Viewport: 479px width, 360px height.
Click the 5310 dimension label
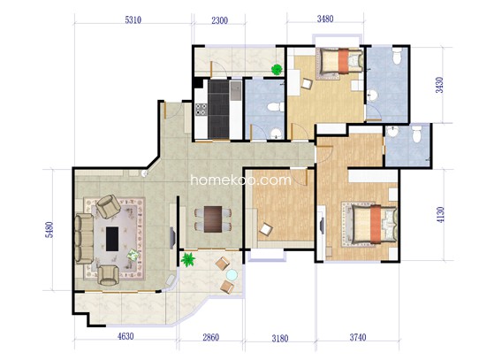tap(133, 19)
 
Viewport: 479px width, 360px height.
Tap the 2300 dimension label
tap(220, 20)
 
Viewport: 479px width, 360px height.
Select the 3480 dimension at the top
tap(325, 19)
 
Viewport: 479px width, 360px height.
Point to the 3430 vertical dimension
tap(439, 85)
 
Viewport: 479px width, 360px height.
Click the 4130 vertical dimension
tap(440, 215)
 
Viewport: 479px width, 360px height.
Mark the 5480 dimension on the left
tap(49, 230)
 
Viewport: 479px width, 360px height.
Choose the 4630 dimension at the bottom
tap(125, 336)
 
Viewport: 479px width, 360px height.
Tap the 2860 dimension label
tap(211, 337)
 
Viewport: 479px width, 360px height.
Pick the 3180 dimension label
tap(280, 339)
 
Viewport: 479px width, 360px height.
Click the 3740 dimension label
tap(358, 337)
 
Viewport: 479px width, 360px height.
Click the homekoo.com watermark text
tap(240, 180)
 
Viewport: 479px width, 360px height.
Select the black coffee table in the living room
tap(112, 239)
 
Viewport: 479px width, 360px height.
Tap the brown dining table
tap(213, 219)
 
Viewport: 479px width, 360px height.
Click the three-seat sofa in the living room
tap(84, 239)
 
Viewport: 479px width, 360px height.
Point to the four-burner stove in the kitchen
tap(201, 110)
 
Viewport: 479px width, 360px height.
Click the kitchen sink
tap(236, 90)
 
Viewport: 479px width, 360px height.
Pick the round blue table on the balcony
tap(232, 275)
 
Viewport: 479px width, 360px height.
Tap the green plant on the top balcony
tap(277, 69)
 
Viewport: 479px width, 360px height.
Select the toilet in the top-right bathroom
tap(397, 56)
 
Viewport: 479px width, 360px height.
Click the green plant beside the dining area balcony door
tap(188, 260)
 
